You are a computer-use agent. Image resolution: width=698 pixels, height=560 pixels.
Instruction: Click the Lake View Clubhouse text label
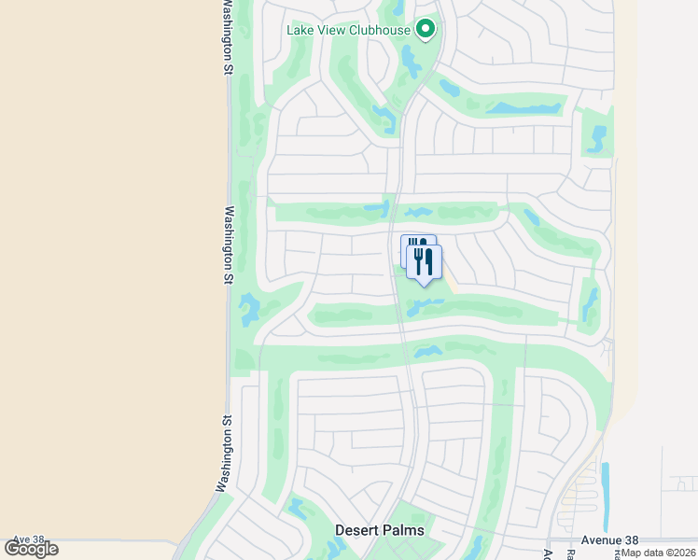tap(349, 30)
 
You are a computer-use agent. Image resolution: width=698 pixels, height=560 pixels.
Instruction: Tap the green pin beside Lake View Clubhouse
tap(426, 30)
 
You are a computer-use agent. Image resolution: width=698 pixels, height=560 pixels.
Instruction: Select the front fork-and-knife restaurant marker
tap(424, 262)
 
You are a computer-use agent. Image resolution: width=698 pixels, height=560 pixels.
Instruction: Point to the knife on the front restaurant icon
tap(429, 261)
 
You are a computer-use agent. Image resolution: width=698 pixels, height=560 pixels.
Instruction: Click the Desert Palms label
tap(380, 530)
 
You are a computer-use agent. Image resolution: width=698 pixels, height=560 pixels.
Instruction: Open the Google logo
tap(31, 549)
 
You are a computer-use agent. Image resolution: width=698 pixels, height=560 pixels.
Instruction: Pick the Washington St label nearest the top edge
tap(227, 37)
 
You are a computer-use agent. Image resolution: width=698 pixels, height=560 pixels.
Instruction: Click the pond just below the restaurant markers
tap(426, 305)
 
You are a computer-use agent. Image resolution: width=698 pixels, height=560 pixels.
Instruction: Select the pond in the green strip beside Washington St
tap(249, 309)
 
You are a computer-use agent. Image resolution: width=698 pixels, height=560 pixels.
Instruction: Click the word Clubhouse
tap(380, 30)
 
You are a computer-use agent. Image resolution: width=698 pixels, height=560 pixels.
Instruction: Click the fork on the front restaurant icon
tap(418, 260)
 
